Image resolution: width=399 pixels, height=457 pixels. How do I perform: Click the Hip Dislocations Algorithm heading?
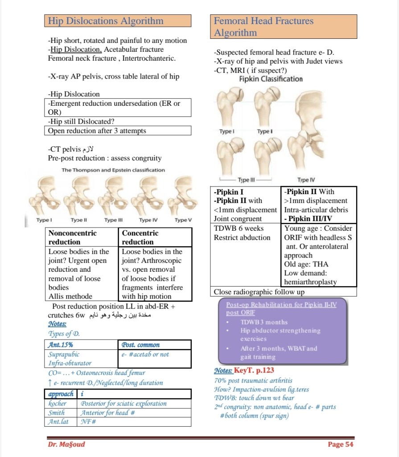click(x=106, y=21)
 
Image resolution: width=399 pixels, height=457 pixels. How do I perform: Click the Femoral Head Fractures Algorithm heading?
click(x=263, y=27)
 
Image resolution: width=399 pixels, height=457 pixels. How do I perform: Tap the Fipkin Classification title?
click(x=271, y=79)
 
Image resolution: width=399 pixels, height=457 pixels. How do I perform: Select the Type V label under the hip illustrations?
click(x=183, y=220)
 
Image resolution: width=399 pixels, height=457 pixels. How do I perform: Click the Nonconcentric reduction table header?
click(x=73, y=237)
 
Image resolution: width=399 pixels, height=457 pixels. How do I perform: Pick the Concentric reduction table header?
click(x=140, y=237)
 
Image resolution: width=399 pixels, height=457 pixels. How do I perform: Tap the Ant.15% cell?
click(x=61, y=345)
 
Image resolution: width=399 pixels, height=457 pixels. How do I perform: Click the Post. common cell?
click(x=140, y=345)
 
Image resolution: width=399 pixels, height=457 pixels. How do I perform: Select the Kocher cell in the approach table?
click(x=57, y=403)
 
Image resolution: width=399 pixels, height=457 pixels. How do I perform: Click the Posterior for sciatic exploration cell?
click(x=124, y=403)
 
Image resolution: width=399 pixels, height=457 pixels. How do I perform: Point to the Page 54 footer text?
click(x=340, y=444)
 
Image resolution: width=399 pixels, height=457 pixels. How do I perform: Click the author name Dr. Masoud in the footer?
click(x=66, y=444)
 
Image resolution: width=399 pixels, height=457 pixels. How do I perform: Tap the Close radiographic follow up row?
click(x=259, y=292)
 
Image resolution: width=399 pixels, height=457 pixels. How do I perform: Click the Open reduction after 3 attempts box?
click(x=97, y=131)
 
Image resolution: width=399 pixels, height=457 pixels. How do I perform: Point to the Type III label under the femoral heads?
click(x=247, y=180)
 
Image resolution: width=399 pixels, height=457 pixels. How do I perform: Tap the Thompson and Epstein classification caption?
click(x=113, y=170)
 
